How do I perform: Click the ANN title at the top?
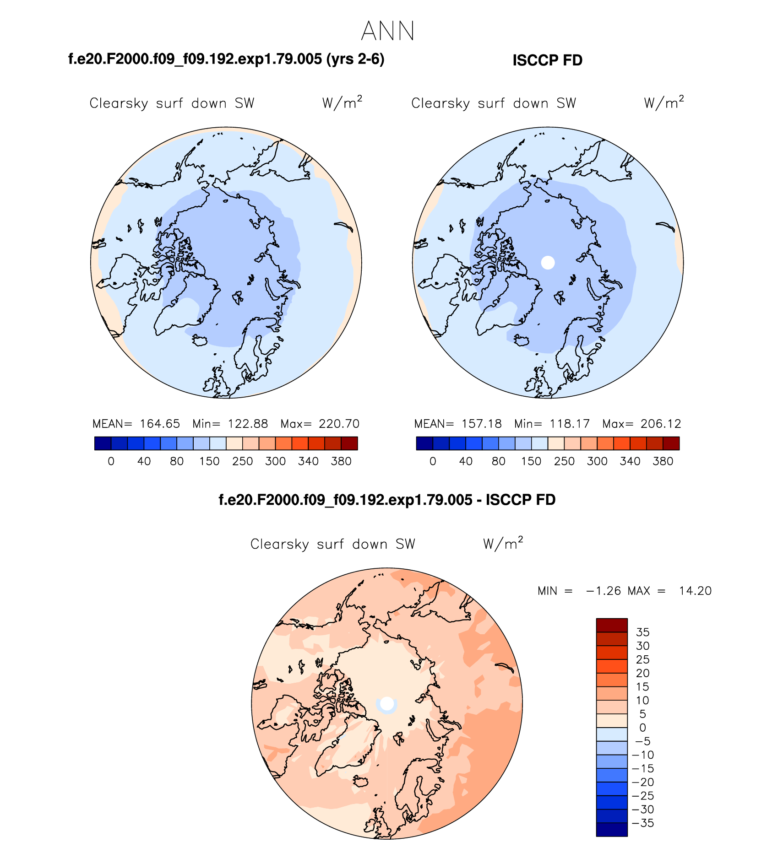point(387,31)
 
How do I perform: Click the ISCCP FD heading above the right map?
point(547,60)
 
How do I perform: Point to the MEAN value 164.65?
point(160,424)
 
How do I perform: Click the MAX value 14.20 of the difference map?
point(695,591)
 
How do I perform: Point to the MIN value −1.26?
point(603,591)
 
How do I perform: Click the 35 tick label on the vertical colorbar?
point(642,632)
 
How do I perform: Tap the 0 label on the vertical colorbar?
point(642,728)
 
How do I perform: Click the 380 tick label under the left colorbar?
point(341,461)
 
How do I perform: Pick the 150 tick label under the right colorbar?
point(531,461)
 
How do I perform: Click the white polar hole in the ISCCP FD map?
point(548,262)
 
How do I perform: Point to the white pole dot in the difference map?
point(387,703)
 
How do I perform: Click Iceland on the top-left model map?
point(200,340)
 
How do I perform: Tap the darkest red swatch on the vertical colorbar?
point(611,625)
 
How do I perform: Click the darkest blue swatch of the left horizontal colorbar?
point(103,443)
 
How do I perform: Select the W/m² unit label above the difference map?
point(502,543)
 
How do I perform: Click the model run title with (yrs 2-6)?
point(226,59)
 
